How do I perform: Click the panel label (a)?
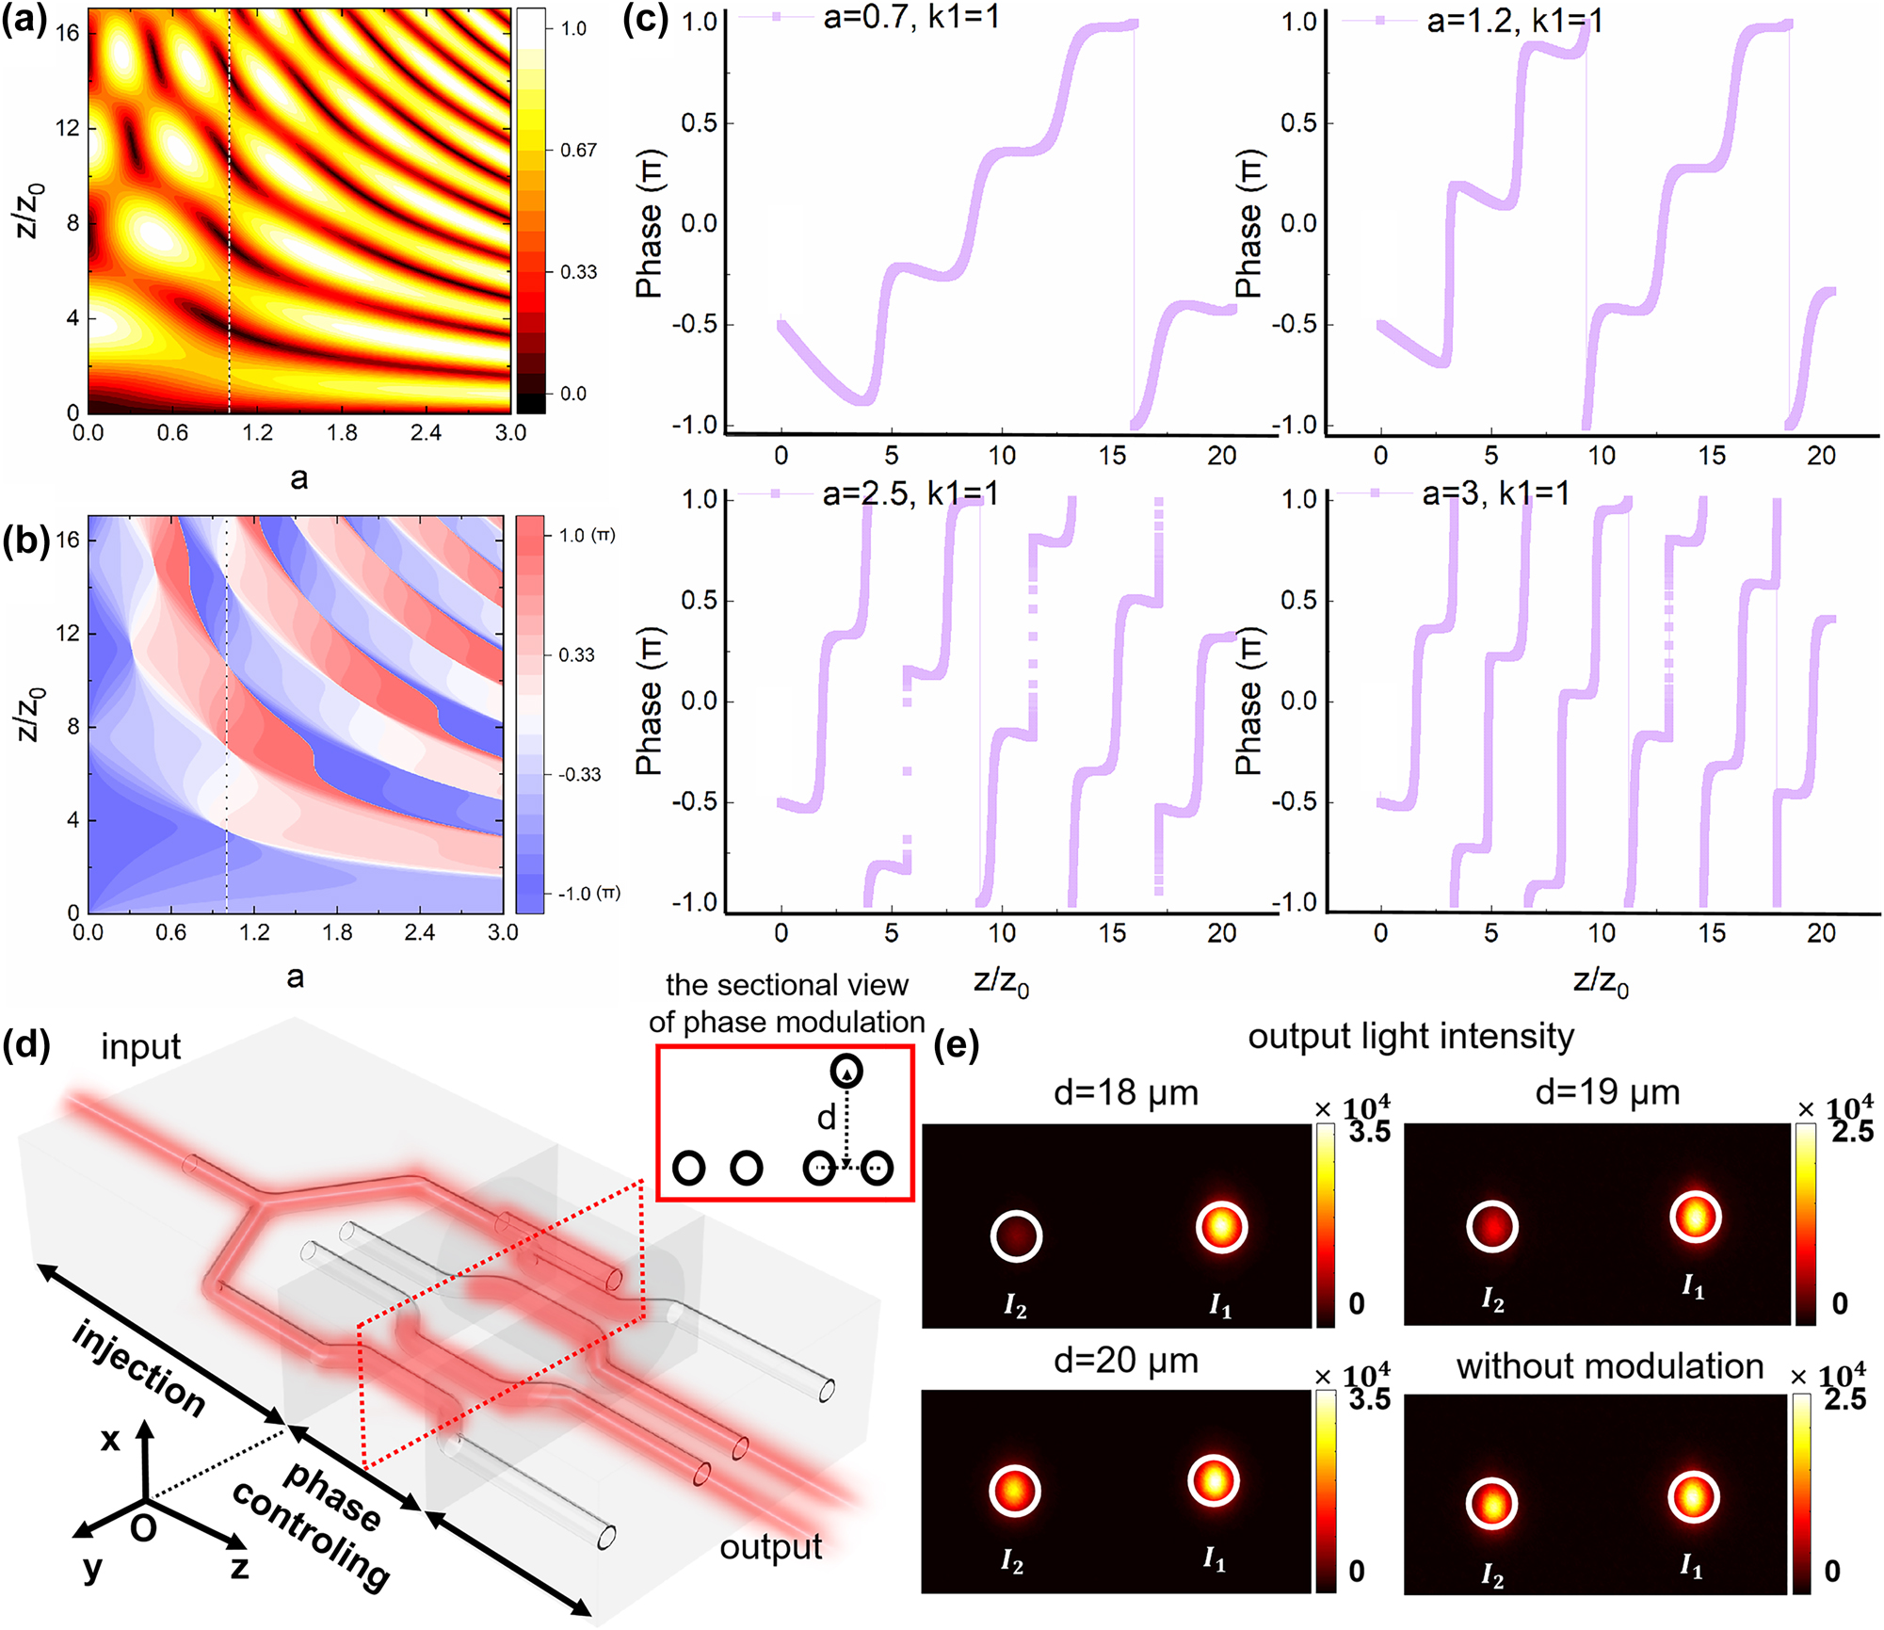[x=24, y=21]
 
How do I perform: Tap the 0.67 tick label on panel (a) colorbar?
[x=578, y=150]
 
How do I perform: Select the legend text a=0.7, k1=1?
[x=910, y=17]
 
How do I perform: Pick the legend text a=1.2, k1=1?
[x=1514, y=21]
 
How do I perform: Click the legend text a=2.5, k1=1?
[x=910, y=493]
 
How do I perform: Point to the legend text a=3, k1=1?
[x=1495, y=493]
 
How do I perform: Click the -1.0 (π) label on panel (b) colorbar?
[x=588, y=893]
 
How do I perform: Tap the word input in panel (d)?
[x=140, y=1047]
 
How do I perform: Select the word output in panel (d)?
[x=770, y=1546]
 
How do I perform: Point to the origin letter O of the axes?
[x=143, y=1527]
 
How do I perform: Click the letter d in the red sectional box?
[x=826, y=1118]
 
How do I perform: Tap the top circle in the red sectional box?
[x=846, y=1072]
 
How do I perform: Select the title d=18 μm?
[x=1125, y=1092]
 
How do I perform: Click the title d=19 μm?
[x=1607, y=1092]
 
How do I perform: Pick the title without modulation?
[x=1609, y=1366]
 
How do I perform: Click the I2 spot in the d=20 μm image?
[x=1015, y=1491]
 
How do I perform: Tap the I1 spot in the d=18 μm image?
[x=1221, y=1228]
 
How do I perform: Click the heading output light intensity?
[x=1410, y=1036]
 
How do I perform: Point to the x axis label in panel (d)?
[x=110, y=1439]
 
